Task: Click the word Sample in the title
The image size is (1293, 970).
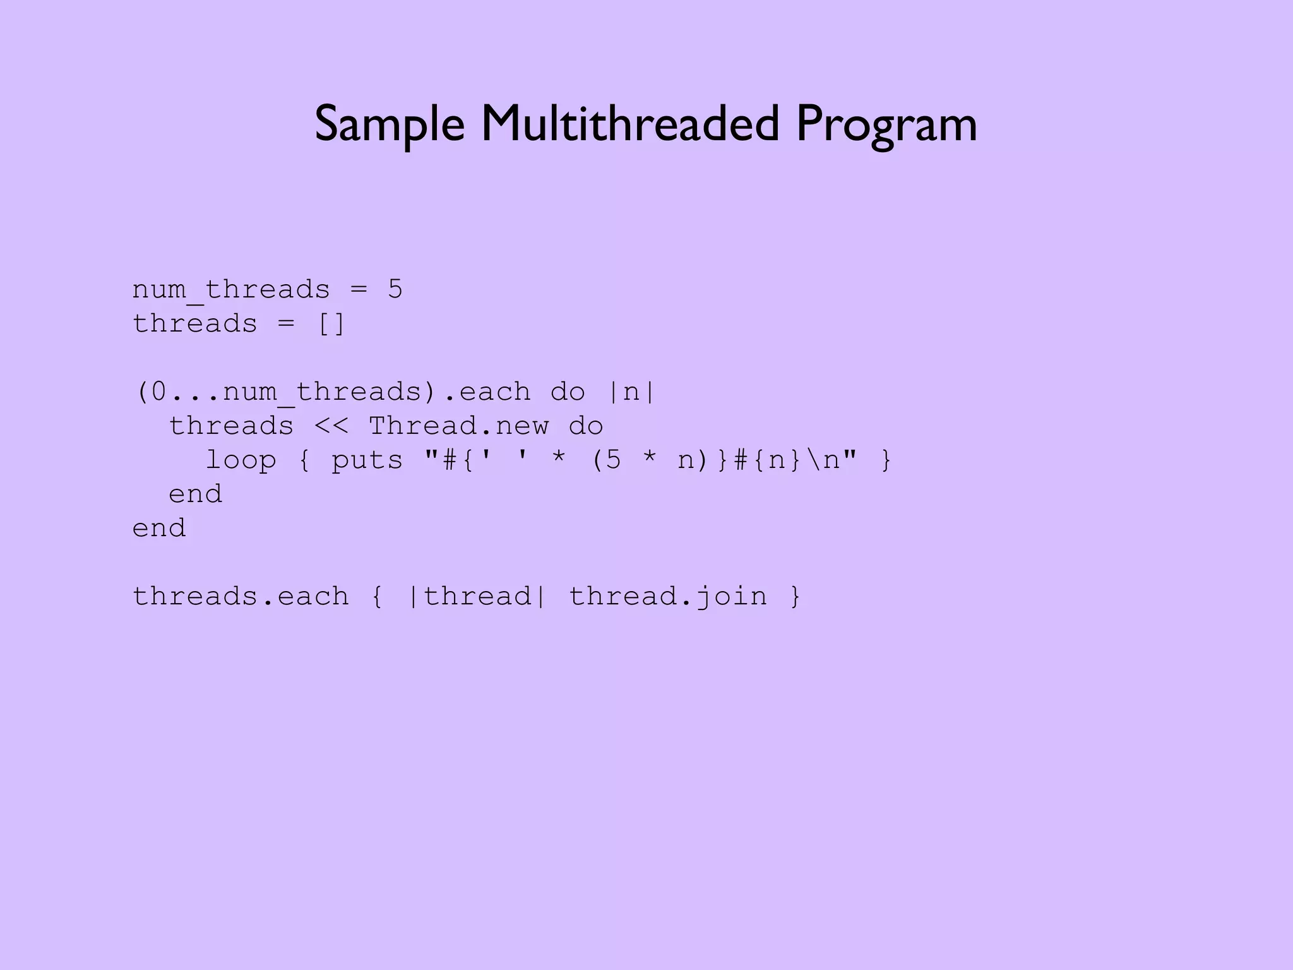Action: [390, 124]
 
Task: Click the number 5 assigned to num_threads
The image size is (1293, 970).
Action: [395, 289]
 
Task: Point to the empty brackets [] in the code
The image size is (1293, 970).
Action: [331, 324]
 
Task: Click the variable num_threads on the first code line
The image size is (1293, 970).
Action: [231, 290]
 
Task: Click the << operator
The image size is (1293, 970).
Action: [331, 426]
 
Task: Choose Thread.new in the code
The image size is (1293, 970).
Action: [459, 426]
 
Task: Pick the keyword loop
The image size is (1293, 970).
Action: [241, 460]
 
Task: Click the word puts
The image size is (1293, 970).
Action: [367, 460]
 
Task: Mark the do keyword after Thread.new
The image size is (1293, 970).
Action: [586, 426]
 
